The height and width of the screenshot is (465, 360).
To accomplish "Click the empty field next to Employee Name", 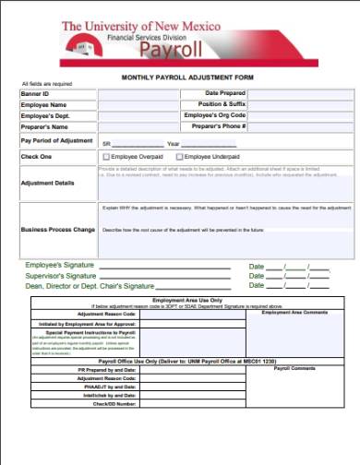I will [x=138, y=104].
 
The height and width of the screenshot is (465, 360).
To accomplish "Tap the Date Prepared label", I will [x=225, y=94].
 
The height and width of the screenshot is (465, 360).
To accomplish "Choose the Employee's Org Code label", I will [x=215, y=115].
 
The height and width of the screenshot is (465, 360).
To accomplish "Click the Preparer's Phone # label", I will [x=218, y=125].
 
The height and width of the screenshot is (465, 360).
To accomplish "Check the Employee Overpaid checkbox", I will [x=106, y=157].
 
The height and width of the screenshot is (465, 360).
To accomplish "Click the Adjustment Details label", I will [x=47, y=183].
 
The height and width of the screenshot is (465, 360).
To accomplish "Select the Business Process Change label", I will [x=58, y=228].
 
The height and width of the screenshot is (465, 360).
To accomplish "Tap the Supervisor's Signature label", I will [x=61, y=276].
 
